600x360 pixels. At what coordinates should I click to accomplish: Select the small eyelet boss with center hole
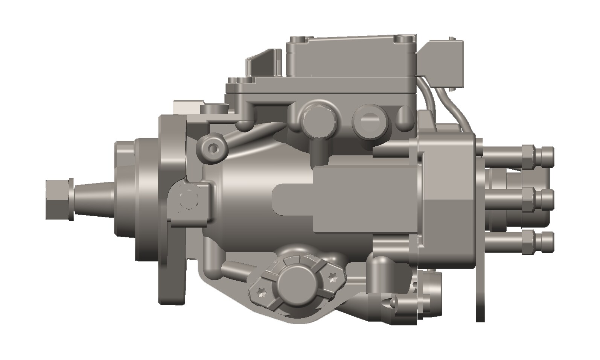(213, 149)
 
